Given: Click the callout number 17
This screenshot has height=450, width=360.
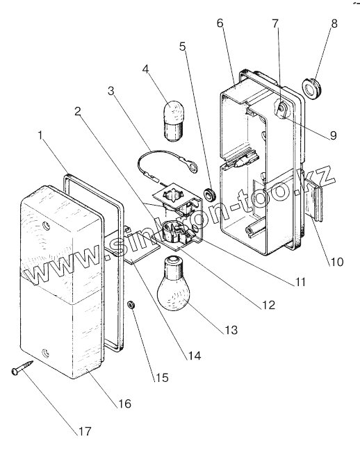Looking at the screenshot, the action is click(85, 431).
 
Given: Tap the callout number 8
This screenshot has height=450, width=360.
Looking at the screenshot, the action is click(334, 24).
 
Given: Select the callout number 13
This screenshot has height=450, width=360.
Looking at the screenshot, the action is click(231, 330).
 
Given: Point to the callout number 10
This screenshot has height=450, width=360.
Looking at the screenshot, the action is click(337, 262).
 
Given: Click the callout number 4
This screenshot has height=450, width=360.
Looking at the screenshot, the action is click(146, 69).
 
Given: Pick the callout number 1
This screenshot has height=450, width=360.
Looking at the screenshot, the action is click(40, 135).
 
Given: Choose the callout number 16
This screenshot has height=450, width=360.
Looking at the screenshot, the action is click(124, 403).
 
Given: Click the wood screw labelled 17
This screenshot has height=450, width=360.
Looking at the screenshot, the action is click(22, 367).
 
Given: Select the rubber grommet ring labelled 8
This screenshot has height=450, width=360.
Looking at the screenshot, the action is click(312, 87).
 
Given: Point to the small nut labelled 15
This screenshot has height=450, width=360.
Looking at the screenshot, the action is click(131, 304).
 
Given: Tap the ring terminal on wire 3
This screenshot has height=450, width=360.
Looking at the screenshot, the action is click(193, 166).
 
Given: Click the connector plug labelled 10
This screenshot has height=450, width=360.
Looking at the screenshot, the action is click(315, 200).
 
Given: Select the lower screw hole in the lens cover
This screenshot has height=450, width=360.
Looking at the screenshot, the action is click(45, 352).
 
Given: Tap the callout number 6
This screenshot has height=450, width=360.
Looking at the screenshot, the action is click(220, 23).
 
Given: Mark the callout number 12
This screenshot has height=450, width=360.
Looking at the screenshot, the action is click(268, 305).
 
